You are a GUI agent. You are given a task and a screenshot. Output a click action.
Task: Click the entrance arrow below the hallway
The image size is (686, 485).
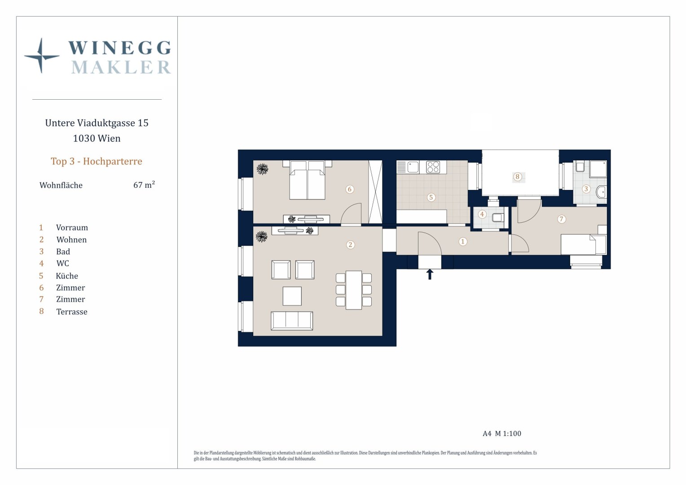point(430,274)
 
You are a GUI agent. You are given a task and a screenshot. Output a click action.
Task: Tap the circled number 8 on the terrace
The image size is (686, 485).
point(518,177)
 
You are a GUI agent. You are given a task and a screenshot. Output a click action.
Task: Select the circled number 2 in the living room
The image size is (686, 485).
point(350,245)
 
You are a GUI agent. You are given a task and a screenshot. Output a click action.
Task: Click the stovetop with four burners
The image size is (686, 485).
point(433,168)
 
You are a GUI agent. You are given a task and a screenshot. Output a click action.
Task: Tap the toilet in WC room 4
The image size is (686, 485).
point(497,218)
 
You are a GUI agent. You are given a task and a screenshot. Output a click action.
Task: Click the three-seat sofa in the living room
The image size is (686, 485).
point(292,321)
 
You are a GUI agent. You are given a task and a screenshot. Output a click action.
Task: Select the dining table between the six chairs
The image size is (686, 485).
point(354,290)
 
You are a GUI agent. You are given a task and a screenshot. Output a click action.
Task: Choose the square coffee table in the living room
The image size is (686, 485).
point(292,296)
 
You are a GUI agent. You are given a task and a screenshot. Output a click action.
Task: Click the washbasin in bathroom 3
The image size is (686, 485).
point(601,192)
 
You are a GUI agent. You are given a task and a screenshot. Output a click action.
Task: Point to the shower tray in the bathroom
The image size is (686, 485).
point(598,169)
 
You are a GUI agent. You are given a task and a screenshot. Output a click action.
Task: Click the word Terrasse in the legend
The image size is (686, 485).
point(72,312)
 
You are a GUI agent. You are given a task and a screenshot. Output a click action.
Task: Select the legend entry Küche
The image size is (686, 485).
point(67,276)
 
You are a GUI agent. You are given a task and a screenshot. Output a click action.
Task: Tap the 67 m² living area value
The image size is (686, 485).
point(144,185)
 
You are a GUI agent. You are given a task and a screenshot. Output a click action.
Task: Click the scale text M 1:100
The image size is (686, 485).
point(508,433)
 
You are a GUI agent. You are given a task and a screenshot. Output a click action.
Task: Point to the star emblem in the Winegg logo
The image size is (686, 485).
point(41,56)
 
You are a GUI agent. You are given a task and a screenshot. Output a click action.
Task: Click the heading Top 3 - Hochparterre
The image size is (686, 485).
point(97,161)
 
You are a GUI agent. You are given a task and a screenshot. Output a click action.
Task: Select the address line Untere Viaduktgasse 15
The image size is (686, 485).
point(97,123)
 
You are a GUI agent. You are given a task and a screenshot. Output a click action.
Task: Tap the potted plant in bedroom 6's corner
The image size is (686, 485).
point(262,169)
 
